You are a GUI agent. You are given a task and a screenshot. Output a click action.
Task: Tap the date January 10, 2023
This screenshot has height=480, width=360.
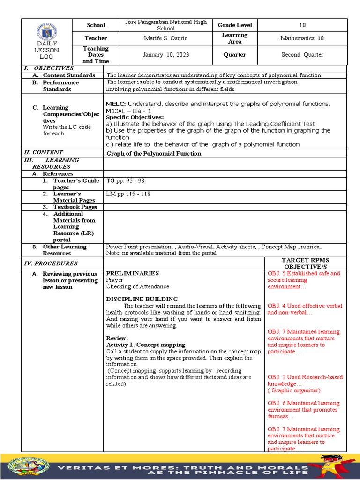pyautogui.click(x=166, y=55)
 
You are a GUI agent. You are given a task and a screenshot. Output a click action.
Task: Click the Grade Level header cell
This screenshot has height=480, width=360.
pyautogui.click(x=235, y=25)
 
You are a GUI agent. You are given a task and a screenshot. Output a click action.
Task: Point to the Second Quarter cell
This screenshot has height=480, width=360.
pyautogui.click(x=302, y=55)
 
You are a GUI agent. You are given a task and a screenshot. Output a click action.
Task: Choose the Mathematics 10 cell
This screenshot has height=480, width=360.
pyautogui.click(x=302, y=38)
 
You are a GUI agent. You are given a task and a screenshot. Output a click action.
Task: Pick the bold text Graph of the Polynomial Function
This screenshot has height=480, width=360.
pyautogui.click(x=154, y=154)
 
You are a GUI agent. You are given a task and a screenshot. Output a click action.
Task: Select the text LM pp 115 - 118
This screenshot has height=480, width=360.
pyautogui.click(x=128, y=194)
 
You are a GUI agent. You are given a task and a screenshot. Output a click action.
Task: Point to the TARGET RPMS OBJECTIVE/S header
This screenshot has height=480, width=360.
pyautogui.click(x=305, y=263)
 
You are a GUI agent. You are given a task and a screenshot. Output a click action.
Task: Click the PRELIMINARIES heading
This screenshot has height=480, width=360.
pyautogui.click(x=132, y=273)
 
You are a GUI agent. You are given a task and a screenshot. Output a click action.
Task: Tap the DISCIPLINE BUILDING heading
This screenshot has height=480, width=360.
pyautogui.click(x=142, y=299)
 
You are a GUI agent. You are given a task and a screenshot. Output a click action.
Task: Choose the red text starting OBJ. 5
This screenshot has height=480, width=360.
pyautogui.click(x=304, y=280)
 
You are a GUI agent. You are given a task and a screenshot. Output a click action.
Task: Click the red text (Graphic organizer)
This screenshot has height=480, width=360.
pyautogui.click(x=294, y=390)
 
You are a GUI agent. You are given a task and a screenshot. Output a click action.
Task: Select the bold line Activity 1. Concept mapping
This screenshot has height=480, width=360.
pyautogui.click(x=145, y=345)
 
